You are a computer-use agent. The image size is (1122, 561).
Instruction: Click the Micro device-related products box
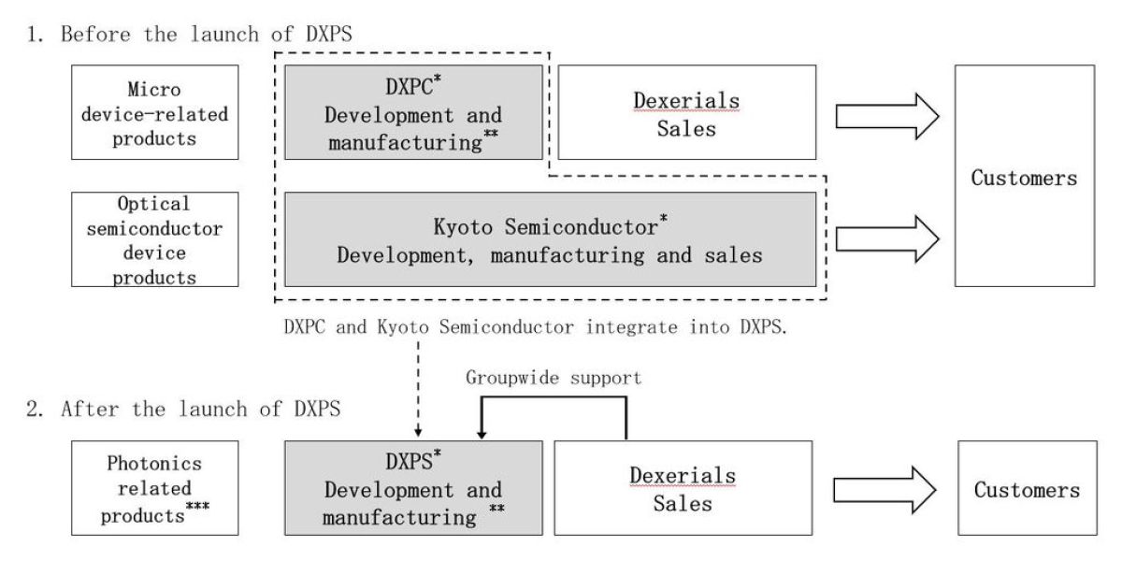155,112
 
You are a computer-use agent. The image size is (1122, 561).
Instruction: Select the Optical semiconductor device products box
155,239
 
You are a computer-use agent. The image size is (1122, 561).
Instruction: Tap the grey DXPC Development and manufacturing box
413,112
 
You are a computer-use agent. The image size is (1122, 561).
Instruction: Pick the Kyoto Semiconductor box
551,239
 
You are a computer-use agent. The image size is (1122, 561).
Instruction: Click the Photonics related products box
155,488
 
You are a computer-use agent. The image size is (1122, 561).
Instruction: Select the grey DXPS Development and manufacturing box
413,488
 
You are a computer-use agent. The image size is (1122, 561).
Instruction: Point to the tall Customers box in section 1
1025,176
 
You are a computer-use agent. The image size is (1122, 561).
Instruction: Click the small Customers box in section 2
1028,488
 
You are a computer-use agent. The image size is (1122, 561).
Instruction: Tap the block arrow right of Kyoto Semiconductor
887,239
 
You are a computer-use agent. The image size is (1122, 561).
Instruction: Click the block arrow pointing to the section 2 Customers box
885,490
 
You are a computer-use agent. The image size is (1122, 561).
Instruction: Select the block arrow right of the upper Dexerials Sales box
887,116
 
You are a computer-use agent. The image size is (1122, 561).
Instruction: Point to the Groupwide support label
554,378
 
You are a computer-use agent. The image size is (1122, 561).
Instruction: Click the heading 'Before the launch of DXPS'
207,34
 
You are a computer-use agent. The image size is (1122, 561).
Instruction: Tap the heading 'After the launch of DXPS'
201,409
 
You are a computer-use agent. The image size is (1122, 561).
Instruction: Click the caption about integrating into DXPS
536,327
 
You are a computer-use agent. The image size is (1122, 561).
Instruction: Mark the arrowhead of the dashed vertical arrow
418,432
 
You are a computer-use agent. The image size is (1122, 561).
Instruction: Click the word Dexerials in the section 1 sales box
686,101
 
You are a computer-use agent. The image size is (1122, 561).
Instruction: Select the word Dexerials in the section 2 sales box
683,476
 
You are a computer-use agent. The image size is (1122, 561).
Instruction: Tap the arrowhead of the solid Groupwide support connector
482,435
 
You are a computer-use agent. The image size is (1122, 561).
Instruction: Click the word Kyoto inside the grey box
464,227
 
